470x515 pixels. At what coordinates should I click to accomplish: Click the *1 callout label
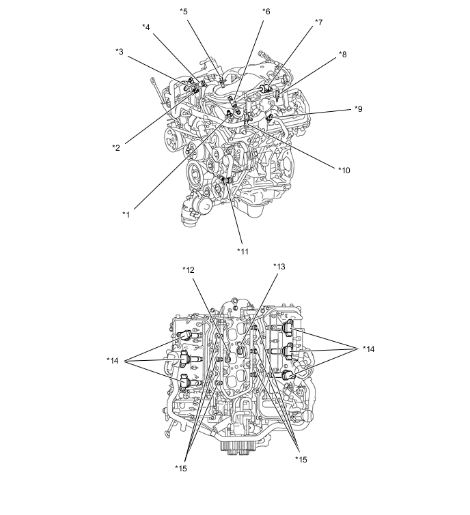126,215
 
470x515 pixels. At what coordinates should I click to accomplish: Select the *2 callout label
116,148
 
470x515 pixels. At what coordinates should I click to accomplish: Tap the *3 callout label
120,52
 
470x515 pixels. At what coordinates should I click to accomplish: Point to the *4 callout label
146,27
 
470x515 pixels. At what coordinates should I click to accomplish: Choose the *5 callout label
184,12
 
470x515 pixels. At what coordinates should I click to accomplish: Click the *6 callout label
266,12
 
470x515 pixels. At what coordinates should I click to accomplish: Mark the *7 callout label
319,23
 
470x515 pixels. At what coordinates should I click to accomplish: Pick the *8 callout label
343,55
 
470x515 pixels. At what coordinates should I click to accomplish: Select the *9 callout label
359,108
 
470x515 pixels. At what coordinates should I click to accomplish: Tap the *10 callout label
344,170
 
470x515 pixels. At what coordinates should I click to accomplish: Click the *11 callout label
243,252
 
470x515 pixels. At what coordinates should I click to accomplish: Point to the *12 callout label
189,270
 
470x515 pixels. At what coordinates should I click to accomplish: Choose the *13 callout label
279,267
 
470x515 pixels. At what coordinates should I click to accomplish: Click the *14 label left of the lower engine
113,361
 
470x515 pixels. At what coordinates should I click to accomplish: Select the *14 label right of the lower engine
369,349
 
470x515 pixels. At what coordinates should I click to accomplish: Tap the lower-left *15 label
181,469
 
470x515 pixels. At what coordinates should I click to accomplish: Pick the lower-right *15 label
301,460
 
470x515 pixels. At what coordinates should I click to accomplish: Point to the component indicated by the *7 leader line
266,88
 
